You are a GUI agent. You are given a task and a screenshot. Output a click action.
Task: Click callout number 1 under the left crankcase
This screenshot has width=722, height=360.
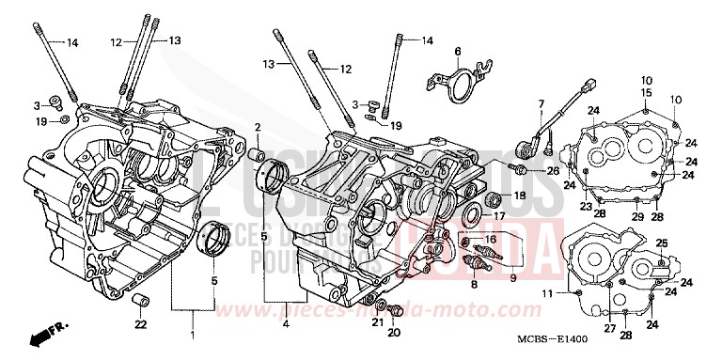click(x=194, y=336)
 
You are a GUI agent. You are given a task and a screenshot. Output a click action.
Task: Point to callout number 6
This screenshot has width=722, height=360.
click(x=457, y=51)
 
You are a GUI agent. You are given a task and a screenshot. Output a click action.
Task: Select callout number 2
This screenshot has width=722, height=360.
click(x=257, y=127)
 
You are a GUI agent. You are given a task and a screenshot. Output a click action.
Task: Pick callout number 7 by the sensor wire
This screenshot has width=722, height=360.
click(x=541, y=102)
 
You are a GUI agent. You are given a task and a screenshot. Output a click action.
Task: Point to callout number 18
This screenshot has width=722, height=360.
click(x=520, y=196)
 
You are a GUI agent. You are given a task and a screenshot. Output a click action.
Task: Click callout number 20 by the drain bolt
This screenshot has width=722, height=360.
click(x=394, y=332)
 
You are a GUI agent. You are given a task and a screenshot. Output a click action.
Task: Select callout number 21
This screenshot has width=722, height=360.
click(x=376, y=322)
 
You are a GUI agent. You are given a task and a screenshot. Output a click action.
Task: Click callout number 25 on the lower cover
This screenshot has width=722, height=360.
click(x=661, y=243)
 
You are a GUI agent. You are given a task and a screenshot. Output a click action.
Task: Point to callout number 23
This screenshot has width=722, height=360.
click(x=585, y=206)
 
